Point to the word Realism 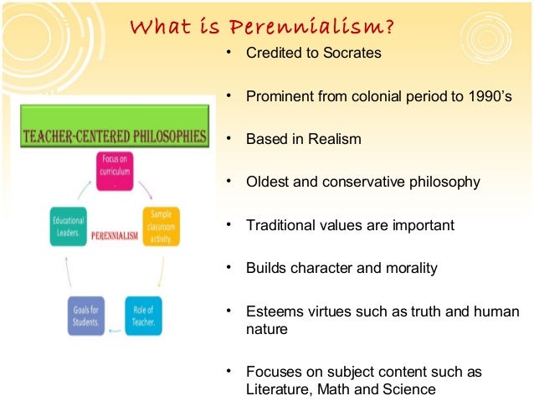334,139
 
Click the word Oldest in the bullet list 270,182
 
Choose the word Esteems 273,312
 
